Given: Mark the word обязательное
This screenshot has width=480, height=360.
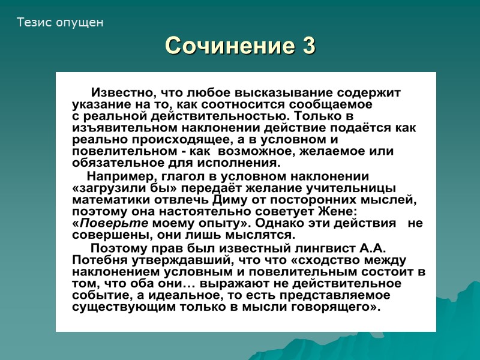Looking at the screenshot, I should tap(114, 163).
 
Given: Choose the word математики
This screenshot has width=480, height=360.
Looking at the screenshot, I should tap(107, 199).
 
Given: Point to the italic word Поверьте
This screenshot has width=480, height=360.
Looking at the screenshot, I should tap(106, 223).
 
